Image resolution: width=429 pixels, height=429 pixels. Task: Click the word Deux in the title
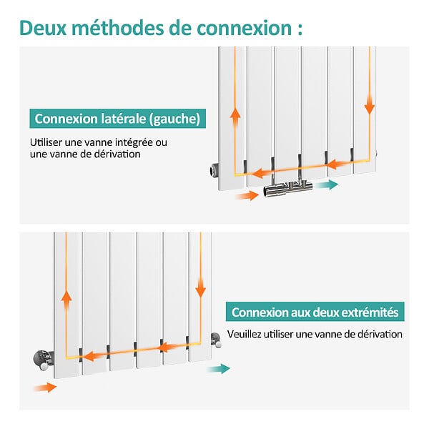pyautogui.click(x=43, y=28)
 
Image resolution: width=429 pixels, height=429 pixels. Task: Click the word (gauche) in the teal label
pyautogui.click(x=175, y=119)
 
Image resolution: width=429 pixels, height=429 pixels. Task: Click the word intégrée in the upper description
pyautogui.click(x=134, y=143)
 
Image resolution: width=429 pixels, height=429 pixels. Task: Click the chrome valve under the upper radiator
pyautogui.click(x=288, y=187)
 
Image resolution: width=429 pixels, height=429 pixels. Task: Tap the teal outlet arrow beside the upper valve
pyautogui.click(x=327, y=184)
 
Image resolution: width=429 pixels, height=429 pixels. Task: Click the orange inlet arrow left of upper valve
pyautogui.click(x=247, y=196)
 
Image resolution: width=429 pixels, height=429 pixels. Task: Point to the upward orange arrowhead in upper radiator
pyautogui.click(x=235, y=114)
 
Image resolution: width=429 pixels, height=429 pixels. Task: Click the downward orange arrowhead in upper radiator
pyautogui.click(x=370, y=109)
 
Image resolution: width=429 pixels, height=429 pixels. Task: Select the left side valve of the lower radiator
pyautogui.click(x=43, y=360)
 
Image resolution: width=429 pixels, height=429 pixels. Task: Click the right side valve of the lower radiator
pyautogui.click(x=216, y=340)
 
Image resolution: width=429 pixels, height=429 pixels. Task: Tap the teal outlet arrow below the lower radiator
pyautogui.click(x=218, y=369)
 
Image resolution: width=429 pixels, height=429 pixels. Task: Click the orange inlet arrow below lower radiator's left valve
pyautogui.click(x=45, y=388)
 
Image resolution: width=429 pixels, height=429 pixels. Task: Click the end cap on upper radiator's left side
pyautogui.click(x=214, y=170)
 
